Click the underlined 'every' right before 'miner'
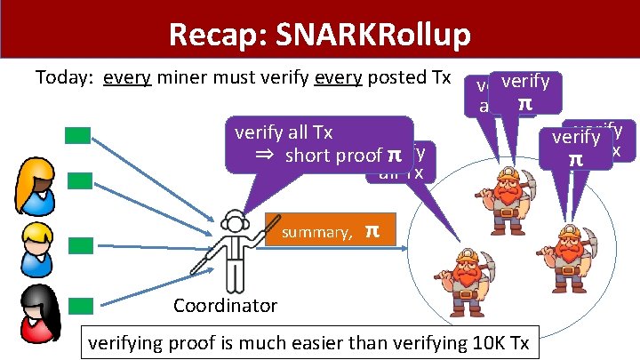coord(124,77)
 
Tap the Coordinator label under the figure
coord(225,306)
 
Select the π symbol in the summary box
coord(372,231)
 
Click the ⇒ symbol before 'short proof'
coord(264,156)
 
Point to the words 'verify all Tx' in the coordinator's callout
coord(284,132)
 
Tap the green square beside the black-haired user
coord(81,305)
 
